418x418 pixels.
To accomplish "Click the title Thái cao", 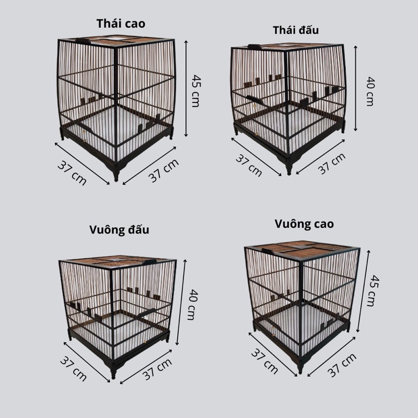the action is [x=121, y=24].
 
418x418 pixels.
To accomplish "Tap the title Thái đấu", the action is [x=296, y=30].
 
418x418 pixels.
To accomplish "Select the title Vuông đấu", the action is [x=119, y=230].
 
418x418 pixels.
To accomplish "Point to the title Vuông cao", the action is [x=304, y=224].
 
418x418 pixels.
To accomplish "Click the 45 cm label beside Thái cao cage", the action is [x=196, y=90].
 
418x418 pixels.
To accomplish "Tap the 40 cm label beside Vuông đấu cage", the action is [x=192, y=305].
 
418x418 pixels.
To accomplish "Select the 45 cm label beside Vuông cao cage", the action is [x=373, y=291].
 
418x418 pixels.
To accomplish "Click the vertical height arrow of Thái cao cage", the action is [x=186, y=89].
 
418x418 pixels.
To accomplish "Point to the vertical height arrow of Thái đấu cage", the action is [x=355, y=88].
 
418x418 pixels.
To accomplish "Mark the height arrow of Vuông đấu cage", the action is [x=181, y=302].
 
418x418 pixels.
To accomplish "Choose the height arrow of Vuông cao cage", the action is [x=363, y=291].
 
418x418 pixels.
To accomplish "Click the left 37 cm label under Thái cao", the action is [x=72, y=173].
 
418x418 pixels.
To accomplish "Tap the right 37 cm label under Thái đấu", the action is [x=332, y=164].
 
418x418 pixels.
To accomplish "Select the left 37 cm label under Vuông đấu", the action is [x=73, y=369].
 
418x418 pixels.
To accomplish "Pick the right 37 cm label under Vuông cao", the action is [x=342, y=365].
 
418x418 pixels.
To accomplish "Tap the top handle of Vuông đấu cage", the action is [x=149, y=262].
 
